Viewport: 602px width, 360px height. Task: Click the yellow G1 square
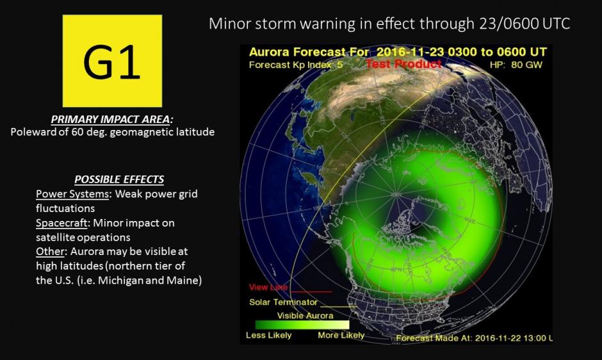(x=112, y=61)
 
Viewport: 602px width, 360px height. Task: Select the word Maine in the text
(x=186, y=281)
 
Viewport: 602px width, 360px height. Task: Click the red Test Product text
(x=403, y=64)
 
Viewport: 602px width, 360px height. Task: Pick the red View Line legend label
(x=268, y=288)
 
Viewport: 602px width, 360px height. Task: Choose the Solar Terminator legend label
(x=282, y=302)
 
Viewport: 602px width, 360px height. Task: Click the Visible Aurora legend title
(x=305, y=315)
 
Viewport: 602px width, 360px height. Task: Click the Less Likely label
(x=268, y=335)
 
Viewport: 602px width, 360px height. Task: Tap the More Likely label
(x=341, y=335)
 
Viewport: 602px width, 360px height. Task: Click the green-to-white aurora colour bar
(x=302, y=325)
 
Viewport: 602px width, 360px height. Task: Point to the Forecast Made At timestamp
(x=475, y=338)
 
